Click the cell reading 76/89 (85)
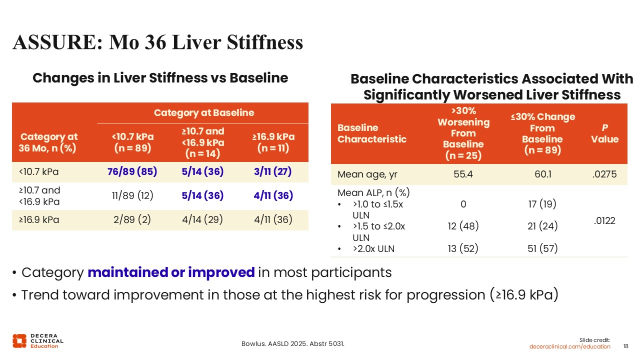click(x=132, y=171)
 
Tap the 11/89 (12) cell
click(x=132, y=195)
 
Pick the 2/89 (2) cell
click(x=132, y=219)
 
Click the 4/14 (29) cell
click(x=202, y=219)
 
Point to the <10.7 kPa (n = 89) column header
click(x=132, y=142)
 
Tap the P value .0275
click(x=604, y=174)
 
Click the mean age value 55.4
click(x=463, y=174)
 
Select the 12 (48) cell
click(x=463, y=226)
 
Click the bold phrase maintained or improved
click(x=171, y=272)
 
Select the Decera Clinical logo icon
click(x=19, y=340)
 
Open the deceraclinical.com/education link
click(x=570, y=346)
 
